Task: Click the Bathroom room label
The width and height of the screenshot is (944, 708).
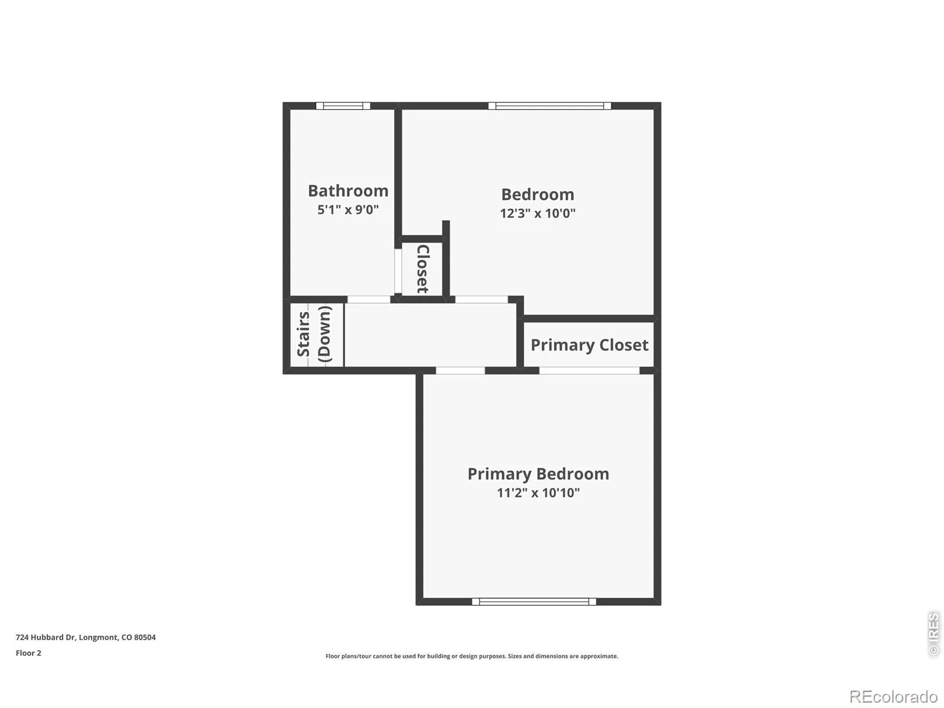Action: (348, 191)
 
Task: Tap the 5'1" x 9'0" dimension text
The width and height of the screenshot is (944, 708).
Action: (348, 210)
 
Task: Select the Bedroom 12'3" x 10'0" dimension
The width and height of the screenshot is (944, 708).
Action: (537, 213)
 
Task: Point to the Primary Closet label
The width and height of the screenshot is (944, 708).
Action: (589, 345)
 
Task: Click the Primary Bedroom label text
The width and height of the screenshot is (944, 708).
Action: (538, 474)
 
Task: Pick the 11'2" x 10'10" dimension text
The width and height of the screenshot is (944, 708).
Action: (538, 493)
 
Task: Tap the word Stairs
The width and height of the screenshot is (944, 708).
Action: (303, 334)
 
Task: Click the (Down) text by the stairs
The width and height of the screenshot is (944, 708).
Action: (324, 333)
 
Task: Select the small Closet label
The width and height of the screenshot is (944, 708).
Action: (423, 269)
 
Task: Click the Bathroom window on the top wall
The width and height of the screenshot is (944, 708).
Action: (343, 106)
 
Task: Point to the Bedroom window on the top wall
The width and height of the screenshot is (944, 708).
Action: (550, 106)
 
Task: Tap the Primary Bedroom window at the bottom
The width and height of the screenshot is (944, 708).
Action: (534, 602)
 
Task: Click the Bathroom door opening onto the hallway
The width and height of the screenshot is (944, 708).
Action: (369, 300)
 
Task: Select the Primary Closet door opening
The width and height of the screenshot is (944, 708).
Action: (589, 371)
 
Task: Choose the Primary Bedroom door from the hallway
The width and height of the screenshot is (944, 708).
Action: (460, 371)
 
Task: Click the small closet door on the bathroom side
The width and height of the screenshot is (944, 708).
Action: (398, 271)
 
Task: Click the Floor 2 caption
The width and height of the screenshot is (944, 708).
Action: (28, 653)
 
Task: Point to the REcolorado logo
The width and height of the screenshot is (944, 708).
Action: (894, 696)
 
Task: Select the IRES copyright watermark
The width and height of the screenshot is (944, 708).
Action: (933, 634)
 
